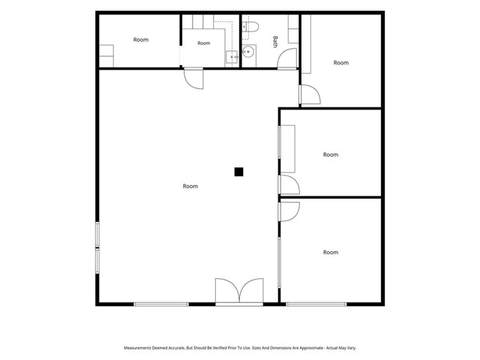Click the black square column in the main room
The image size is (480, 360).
point(238,172)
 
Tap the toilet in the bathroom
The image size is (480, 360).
point(250,27)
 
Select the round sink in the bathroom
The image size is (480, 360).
point(247,52)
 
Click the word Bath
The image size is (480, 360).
point(275,42)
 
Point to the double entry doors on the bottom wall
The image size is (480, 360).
point(239,292)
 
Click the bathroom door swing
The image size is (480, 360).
point(287,58)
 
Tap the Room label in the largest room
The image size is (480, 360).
point(190,186)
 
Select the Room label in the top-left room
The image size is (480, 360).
point(141,40)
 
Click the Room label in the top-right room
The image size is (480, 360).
point(341,62)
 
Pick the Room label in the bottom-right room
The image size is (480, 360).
point(331,252)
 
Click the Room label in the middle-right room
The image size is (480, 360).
point(331,154)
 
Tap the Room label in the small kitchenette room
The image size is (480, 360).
point(204,43)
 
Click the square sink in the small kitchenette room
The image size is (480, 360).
point(232,57)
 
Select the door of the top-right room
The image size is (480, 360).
point(310,94)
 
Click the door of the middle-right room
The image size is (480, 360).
point(289,184)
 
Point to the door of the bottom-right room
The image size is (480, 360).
point(289,211)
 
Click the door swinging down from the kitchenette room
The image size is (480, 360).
point(193,79)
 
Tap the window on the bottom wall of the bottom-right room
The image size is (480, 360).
point(316,304)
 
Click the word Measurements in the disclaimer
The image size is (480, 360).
point(137,348)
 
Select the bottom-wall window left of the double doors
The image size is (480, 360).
point(161,304)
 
